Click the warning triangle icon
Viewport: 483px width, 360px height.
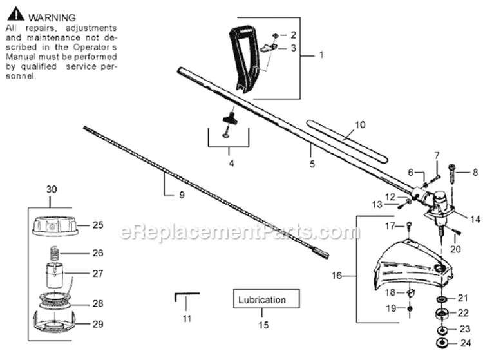pos(15,14)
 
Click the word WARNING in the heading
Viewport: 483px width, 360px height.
pos(52,17)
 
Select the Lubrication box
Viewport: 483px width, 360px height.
pos(266,298)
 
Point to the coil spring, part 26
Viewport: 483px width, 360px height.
pos(54,253)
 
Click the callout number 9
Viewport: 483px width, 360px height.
pos(182,194)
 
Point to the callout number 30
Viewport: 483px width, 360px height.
pos(52,189)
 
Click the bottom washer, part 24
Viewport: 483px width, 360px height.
pos(442,343)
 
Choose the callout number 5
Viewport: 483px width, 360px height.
pos(312,164)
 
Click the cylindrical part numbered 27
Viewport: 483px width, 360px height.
pos(54,275)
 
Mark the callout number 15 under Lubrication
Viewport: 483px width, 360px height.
pos(263,325)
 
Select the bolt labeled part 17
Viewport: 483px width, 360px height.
pos(409,226)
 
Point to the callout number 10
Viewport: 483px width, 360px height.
pos(360,125)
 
